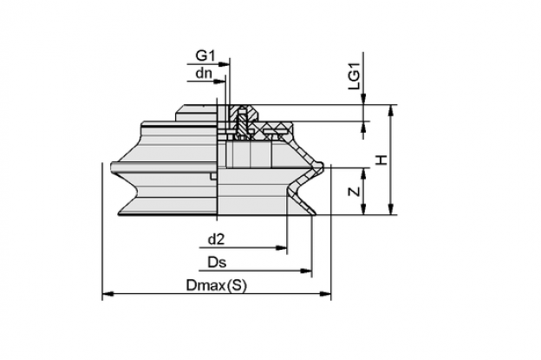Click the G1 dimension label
pos(205,56)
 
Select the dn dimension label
pos(204,73)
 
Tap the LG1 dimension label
pos(354,76)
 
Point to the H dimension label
pos(381,160)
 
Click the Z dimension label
pos(354,192)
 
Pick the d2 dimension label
pos(217,239)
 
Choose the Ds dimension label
pos(217,262)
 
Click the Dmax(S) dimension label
pos(217,285)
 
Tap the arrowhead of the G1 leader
pos(225,64)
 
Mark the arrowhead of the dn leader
pos(220,82)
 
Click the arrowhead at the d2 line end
pos(281,248)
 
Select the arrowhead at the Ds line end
pos(306,271)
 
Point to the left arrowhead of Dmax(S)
pos(108,294)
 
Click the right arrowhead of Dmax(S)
pos(325,294)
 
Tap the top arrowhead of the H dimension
pos(390,110)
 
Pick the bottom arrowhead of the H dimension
pos(390,209)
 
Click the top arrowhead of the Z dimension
pos(363,174)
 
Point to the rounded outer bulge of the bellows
pos(319,167)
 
